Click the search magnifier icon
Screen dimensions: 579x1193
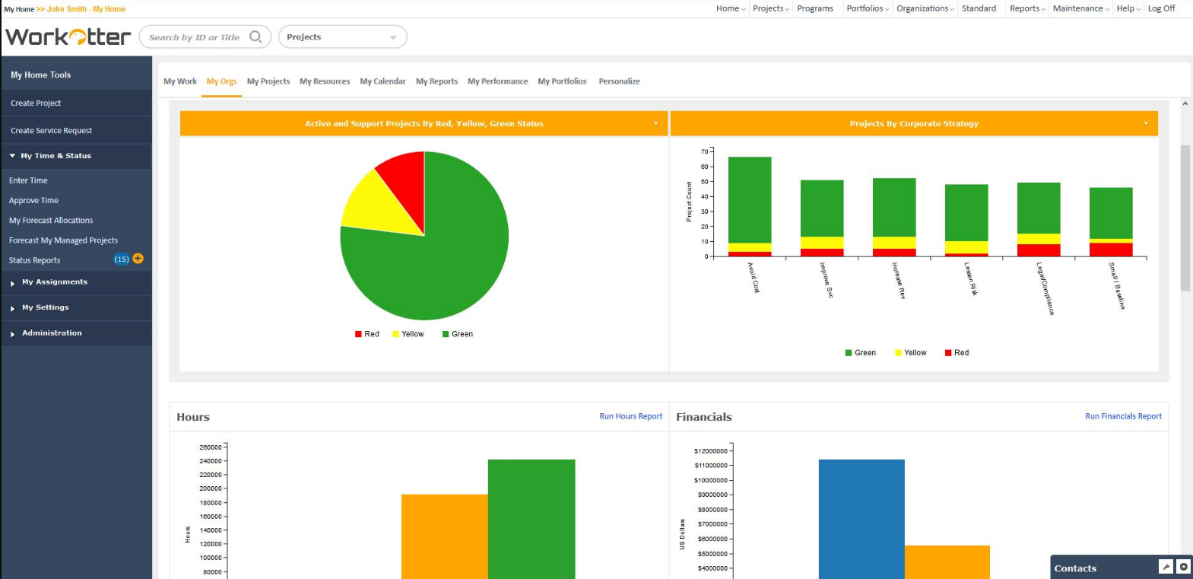click(x=255, y=37)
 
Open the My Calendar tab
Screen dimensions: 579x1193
click(x=382, y=81)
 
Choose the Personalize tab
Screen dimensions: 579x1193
click(x=619, y=81)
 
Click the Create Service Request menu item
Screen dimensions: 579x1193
click(x=51, y=131)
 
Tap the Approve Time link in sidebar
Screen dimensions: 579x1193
click(x=33, y=201)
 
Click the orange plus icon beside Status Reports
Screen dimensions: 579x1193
click(x=138, y=259)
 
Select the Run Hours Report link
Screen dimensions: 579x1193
click(x=630, y=416)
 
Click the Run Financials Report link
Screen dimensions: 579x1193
click(x=1123, y=416)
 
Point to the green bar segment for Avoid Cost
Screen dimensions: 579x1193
click(x=750, y=199)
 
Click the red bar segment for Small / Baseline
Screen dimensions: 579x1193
click(x=1111, y=249)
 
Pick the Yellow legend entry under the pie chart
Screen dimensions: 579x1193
click(x=408, y=334)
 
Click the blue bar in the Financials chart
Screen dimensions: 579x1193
click(x=861, y=517)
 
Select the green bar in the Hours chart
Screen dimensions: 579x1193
click(x=531, y=517)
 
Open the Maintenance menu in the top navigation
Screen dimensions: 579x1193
click(x=1080, y=8)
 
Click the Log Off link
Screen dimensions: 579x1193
click(x=1161, y=8)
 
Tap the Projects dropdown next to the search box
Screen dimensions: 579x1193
click(x=342, y=37)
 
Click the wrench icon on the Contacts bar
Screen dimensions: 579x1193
click(x=1166, y=567)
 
